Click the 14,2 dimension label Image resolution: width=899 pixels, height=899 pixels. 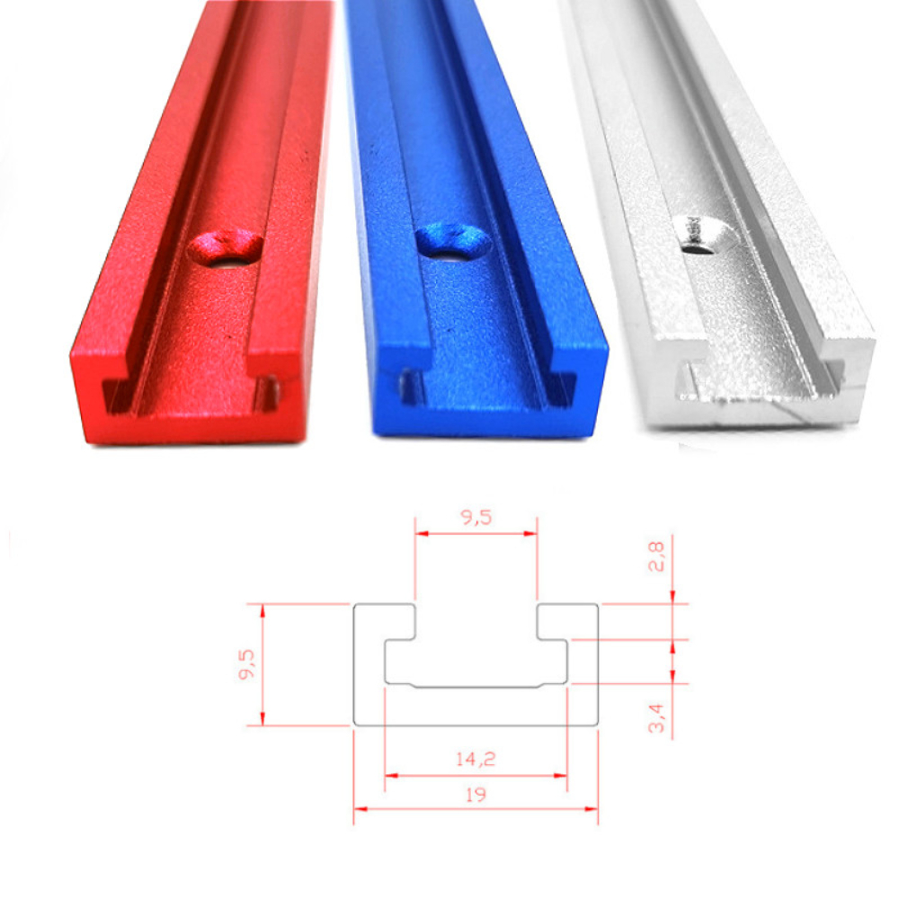[x=476, y=759]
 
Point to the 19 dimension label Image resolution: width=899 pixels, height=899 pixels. [x=476, y=796]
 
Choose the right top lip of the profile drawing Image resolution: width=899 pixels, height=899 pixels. [x=567, y=621]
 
